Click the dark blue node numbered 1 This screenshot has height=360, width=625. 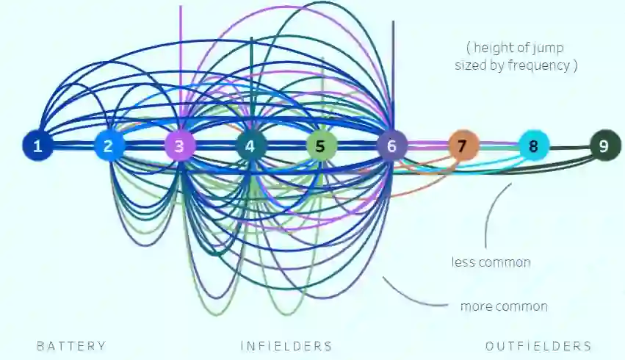click(37, 145)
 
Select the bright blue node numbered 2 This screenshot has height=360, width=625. click(109, 145)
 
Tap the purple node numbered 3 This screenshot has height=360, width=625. click(180, 145)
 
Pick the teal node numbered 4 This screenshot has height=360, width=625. click(250, 145)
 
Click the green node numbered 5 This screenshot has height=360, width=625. click(321, 145)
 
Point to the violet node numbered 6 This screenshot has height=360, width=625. click(392, 145)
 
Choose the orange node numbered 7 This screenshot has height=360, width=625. click(463, 145)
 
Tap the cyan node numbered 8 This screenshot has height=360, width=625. click(534, 145)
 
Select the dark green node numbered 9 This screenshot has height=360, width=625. click(604, 145)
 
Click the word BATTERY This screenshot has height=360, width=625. click(71, 346)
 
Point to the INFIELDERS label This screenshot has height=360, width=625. click(286, 346)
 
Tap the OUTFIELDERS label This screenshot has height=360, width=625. click(538, 346)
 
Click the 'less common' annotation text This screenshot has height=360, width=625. click(491, 262)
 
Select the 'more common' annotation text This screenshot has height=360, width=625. click(504, 306)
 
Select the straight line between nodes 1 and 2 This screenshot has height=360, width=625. click(73, 145)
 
